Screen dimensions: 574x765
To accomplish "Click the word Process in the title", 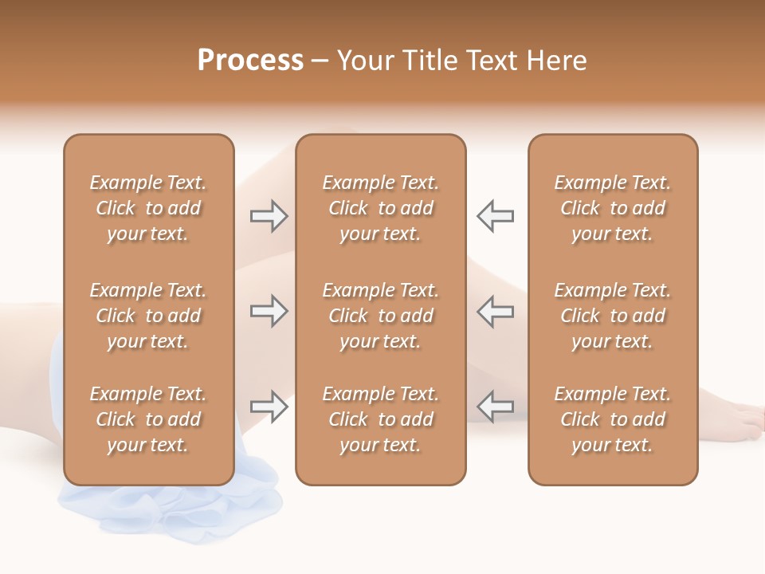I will (250, 61).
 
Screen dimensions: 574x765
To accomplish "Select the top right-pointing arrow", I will (269, 216).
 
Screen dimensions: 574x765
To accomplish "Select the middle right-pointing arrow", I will (269, 311).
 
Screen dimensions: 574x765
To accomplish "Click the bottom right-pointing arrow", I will (269, 407).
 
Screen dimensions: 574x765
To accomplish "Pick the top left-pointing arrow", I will (496, 216).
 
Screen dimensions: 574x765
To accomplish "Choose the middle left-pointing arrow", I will (496, 311).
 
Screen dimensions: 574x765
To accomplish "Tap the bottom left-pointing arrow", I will (496, 407).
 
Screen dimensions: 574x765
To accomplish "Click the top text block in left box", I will (148, 208).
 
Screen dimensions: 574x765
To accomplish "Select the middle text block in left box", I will (148, 316).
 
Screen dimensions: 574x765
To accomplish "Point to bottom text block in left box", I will (148, 419).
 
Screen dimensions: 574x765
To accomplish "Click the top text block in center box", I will (380, 208).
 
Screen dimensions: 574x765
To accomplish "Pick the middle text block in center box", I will (380, 316).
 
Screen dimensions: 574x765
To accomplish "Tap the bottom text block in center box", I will (380, 419).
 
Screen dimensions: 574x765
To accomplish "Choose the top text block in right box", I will (612, 208).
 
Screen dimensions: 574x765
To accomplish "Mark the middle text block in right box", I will (612, 316).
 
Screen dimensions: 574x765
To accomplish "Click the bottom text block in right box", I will (612, 419).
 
